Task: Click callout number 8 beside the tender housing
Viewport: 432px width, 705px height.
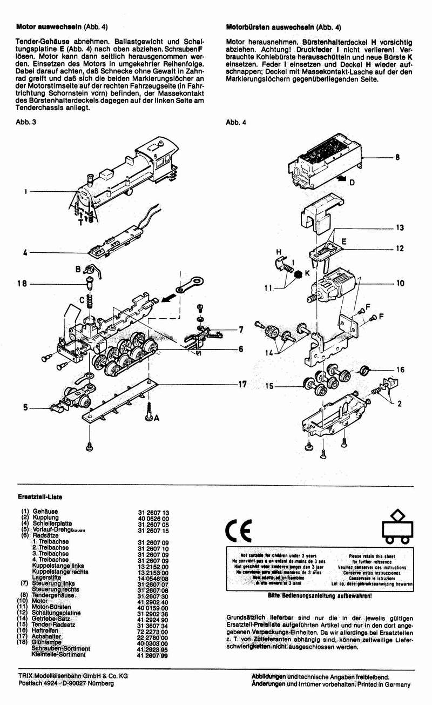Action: [x=397, y=158]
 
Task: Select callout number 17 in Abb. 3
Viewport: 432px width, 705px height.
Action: [x=242, y=384]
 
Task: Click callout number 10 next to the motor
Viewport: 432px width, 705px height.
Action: [x=400, y=283]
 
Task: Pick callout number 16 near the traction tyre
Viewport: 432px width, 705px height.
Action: [x=400, y=370]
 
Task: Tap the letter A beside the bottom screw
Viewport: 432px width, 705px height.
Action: [x=157, y=418]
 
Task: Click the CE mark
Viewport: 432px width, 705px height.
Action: [x=238, y=532]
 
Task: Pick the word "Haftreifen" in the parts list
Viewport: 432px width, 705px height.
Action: [x=48, y=630]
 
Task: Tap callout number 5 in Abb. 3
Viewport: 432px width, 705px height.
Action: [x=25, y=408]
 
